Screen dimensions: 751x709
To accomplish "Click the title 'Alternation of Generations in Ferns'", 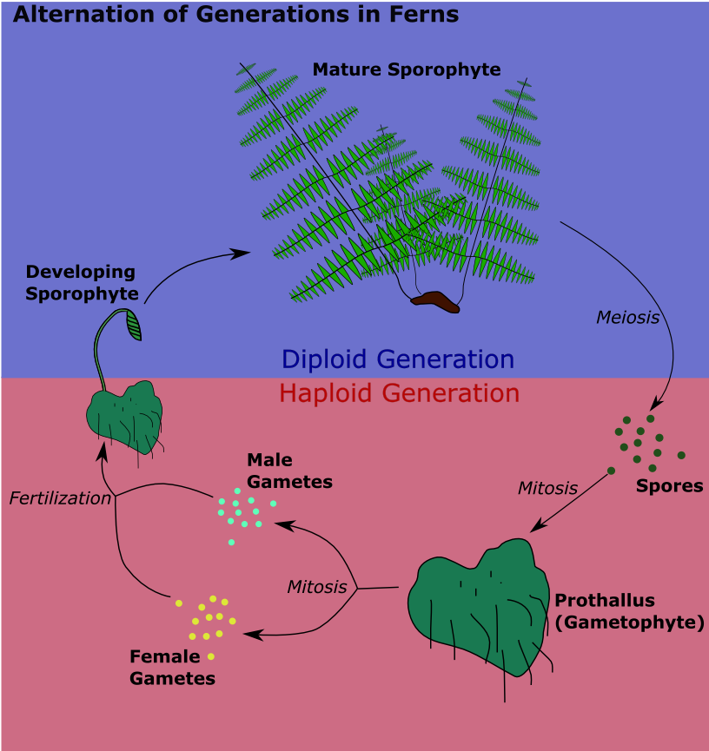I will coord(235,15).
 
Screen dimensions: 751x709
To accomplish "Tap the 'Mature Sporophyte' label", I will coord(406,69).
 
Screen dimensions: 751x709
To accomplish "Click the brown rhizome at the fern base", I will coord(435,301).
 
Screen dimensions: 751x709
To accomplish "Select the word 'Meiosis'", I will coord(627,318).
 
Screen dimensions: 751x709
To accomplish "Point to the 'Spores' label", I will coord(669,486).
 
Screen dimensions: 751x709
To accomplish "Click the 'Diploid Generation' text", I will coord(398,359).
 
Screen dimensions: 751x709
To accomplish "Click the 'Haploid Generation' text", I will coord(399,393).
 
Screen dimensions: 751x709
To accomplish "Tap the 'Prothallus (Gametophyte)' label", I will coord(628,611).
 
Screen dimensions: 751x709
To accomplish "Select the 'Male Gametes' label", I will coord(289,471).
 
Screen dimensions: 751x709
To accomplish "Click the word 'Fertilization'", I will coord(60,498).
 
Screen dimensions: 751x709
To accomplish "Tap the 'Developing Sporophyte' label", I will coord(82,283).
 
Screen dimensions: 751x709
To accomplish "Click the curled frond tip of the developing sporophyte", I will coord(134,325).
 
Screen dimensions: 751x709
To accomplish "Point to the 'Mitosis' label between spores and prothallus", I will coord(547,488).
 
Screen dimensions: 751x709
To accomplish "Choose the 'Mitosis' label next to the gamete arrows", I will coord(316,587).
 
